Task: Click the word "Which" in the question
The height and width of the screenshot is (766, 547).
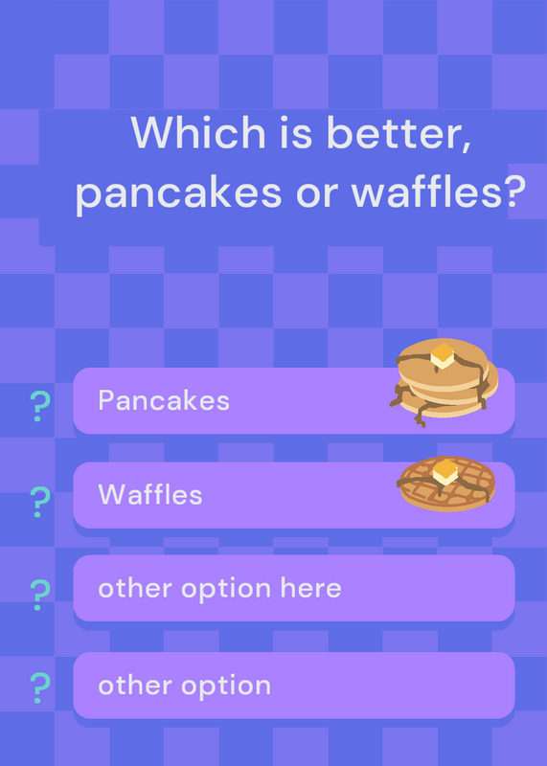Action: pyautogui.click(x=198, y=132)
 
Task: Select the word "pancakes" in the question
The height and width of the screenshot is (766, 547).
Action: pyautogui.click(x=179, y=193)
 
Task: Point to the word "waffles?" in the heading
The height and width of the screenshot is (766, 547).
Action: pyautogui.click(x=439, y=191)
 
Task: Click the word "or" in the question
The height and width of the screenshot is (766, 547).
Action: pyautogui.click(x=317, y=194)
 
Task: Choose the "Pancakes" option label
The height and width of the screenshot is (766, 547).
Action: pyautogui.click(x=164, y=400)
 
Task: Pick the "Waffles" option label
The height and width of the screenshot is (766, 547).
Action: pyautogui.click(x=150, y=494)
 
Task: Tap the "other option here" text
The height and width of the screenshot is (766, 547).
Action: pyautogui.click(x=220, y=588)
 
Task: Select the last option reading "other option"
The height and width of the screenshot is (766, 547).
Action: pyautogui.click(x=184, y=686)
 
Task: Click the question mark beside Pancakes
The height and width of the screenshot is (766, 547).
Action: pyautogui.click(x=40, y=406)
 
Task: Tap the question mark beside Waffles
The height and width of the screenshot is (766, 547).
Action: pyautogui.click(x=40, y=502)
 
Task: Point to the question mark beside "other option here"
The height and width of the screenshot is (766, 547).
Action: pyautogui.click(x=40, y=595)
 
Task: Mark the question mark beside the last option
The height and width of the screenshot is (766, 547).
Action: pyautogui.click(x=40, y=687)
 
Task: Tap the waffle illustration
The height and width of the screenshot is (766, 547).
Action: pyautogui.click(x=446, y=484)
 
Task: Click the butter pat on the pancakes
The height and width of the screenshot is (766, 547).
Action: pyautogui.click(x=443, y=355)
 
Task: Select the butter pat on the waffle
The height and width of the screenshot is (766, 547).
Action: pyautogui.click(x=444, y=472)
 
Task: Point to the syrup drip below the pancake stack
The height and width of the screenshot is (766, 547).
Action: pyautogui.click(x=421, y=416)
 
